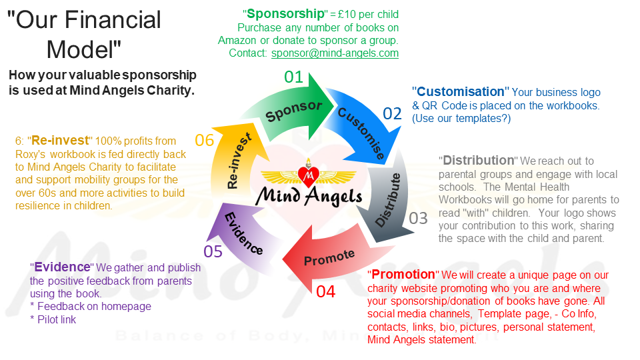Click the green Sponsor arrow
coord(293,109)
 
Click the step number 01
coord(294,77)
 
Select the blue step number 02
coord(392,114)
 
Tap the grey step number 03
coord(418,218)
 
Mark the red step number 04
coord(326,291)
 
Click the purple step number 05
coord(213,251)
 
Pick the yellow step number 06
coord(203,140)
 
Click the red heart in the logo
coord(309,175)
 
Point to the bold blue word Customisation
coord(461,92)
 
